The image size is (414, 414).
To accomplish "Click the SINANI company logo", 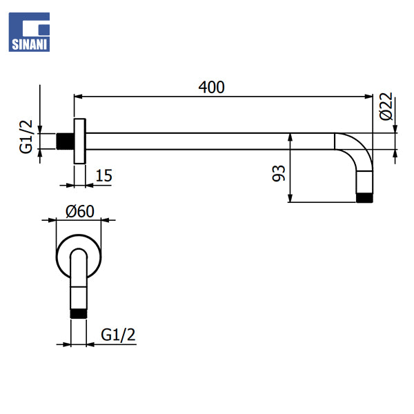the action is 29,32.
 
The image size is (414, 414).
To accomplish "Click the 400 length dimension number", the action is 212,88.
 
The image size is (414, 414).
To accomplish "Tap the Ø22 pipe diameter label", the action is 386,106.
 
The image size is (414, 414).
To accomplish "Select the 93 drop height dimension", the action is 279,173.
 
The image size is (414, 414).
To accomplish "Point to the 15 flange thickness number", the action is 103,175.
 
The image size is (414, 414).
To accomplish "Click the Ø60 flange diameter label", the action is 80,212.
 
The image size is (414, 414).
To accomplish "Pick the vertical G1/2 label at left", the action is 26,137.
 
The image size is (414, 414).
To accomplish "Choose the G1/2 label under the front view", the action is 118,335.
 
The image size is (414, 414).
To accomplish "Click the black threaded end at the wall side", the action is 65,141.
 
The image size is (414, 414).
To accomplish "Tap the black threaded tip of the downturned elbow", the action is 364,198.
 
